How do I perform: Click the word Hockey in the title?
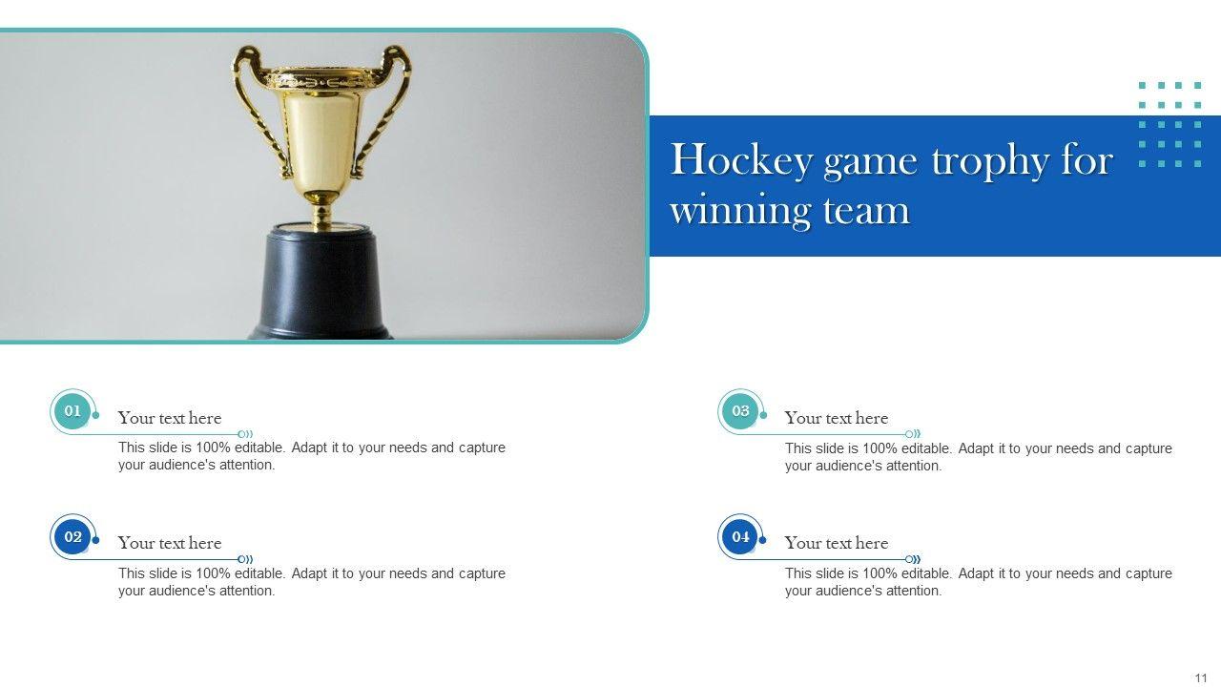(742, 161)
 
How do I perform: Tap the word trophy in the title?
(990, 162)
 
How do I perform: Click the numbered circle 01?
(72, 410)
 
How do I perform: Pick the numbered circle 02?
(72, 536)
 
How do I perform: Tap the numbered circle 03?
(740, 410)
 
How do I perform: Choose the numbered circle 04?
(740, 536)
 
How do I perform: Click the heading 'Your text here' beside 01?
(170, 418)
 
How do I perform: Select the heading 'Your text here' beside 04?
(837, 543)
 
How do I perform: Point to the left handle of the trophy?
(258, 109)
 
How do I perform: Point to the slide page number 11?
(1201, 677)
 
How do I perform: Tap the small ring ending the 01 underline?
(241, 434)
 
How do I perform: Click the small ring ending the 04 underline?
(909, 559)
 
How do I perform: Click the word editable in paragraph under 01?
(260, 448)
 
